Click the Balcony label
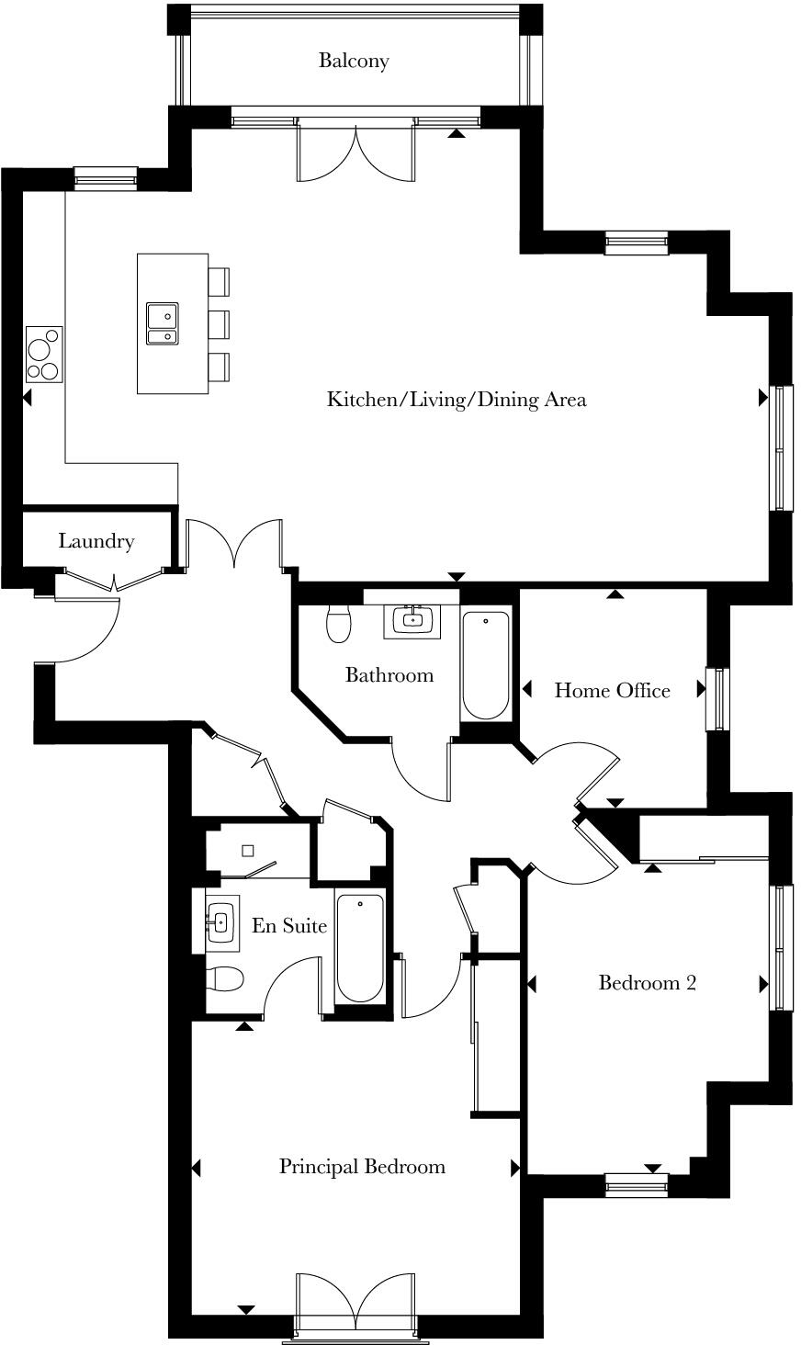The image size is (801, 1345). click(x=354, y=61)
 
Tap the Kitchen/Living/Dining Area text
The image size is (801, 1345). click(x=457, y=400)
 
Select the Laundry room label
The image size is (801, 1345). click(x=96, y=541)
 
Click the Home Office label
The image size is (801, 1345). click(x=612, y=691)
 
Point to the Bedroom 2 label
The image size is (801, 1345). click(x=647, y=983)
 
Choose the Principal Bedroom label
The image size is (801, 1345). click(x=362, y=1167)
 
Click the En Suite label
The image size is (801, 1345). click(x=289, y=926)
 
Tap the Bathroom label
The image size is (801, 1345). click(x=389, y=675)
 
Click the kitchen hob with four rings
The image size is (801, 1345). click(x=43, y=355)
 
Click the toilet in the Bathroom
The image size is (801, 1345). click(x=339, y=623)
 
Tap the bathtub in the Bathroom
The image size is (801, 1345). click(x=486, y=665)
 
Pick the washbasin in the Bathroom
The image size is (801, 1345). click(x=412, y=620)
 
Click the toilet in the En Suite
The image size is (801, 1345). click(x=223, y=980)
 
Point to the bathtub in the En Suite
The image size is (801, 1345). click(x=359, y=948)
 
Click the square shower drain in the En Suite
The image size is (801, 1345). click(x=248, y=851)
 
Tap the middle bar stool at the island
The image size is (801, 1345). click(x=218, y=324)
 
